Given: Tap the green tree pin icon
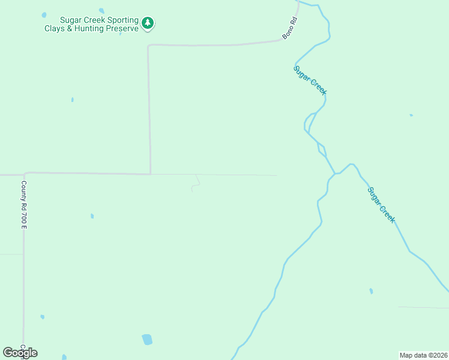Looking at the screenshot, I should [148, 23].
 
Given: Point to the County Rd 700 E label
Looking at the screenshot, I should [24, 205].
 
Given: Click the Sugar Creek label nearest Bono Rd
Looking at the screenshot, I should [310, 79].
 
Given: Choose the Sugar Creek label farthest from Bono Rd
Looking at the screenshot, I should [382, 205].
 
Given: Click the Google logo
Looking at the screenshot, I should [20, 353].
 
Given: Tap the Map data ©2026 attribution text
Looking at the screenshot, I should [423, 355].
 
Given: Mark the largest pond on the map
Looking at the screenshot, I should [147, 339].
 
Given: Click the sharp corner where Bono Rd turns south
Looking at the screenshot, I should [149, 45].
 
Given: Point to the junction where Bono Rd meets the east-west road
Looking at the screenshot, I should [150, 174].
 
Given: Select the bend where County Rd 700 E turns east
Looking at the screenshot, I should [25, 174].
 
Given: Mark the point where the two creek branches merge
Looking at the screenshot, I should [335, 174].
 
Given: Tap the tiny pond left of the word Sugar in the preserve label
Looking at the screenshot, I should [44, 15].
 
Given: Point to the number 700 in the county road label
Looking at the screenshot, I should [24, 215].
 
